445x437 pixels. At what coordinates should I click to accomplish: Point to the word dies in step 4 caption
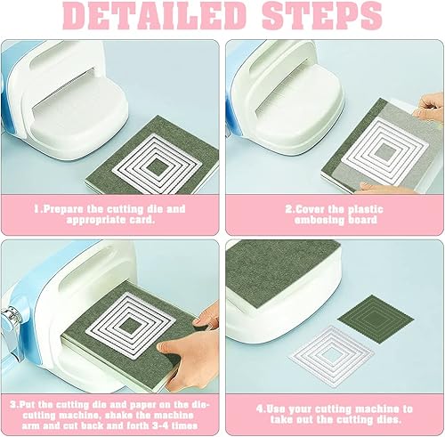point(389,418)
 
